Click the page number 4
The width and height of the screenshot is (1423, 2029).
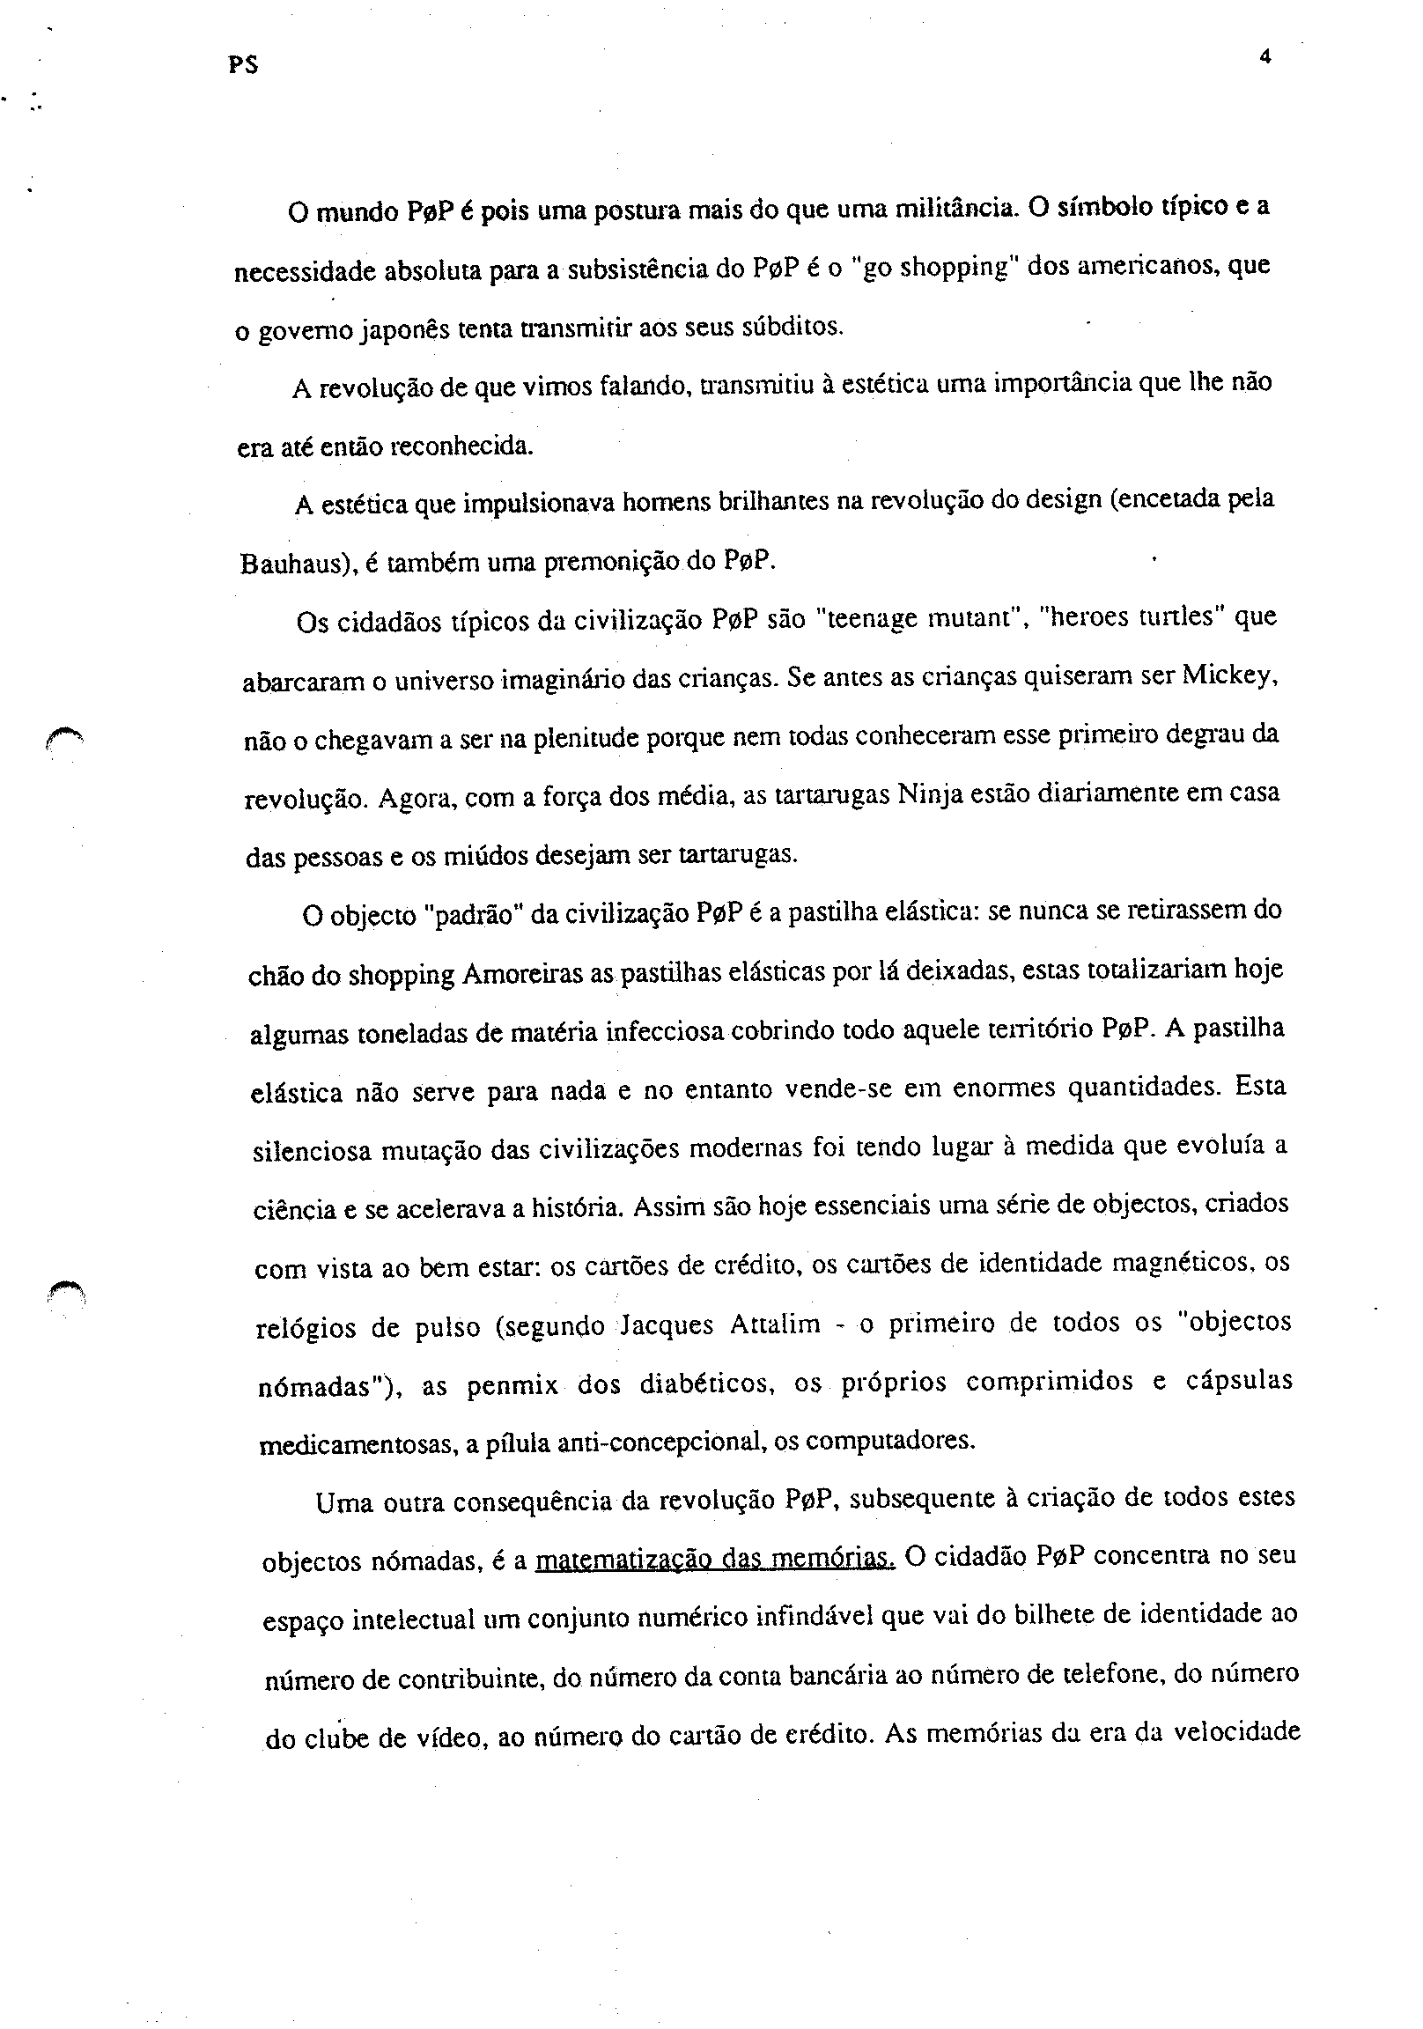pyautogui.click(x=1264, y=57)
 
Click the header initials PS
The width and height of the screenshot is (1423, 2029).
pyautogui.click(x=241, y=64)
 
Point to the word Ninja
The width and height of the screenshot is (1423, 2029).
pyautogui.click(x=929, y=793)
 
